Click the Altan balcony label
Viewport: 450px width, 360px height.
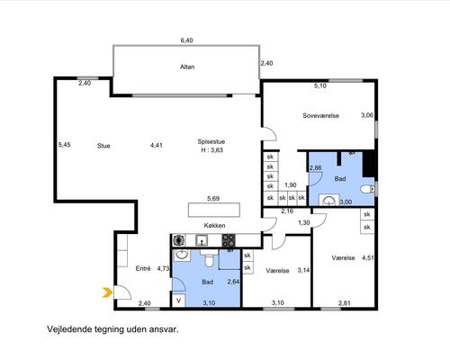[187, 67]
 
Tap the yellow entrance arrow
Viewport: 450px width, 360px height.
[106, 292]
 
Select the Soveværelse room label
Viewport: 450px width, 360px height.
[320, 115]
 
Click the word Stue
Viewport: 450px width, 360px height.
[103, 146]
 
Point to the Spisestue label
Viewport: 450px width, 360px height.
[211, 141]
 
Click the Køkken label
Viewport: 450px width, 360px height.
[214, 225]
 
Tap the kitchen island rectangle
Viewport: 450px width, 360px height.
[214, 210]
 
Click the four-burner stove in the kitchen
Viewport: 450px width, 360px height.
[229, 240]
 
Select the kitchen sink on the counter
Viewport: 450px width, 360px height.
[202, 240]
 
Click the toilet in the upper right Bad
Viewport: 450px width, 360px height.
[367, 189]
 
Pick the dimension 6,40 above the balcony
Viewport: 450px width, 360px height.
[186, 40]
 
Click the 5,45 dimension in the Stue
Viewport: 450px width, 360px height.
[65, 145]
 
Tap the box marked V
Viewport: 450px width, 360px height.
[179, 301]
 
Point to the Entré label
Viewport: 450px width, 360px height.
[143, 268]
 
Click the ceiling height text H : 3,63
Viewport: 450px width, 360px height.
[211, 150]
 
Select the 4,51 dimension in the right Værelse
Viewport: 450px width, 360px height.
[368, 257]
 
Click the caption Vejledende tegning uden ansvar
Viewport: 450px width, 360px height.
[112, 329]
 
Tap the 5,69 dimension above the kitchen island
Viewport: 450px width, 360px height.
[213, 198]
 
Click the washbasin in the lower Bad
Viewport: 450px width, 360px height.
[182, 255]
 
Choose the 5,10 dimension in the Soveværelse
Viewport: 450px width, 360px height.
[320, 85]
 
